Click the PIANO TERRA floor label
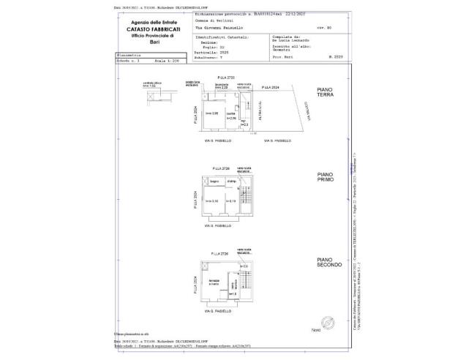click(x=326, y=92)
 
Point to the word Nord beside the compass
click(x=316, y=331)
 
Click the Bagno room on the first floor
click(x=215, y=181)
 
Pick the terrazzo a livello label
click(x=214, y=282)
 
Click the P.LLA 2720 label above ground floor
click(x=226, y=77)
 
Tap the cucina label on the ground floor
click(x=230, y=113)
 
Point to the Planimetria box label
click(x=127, y=55)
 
